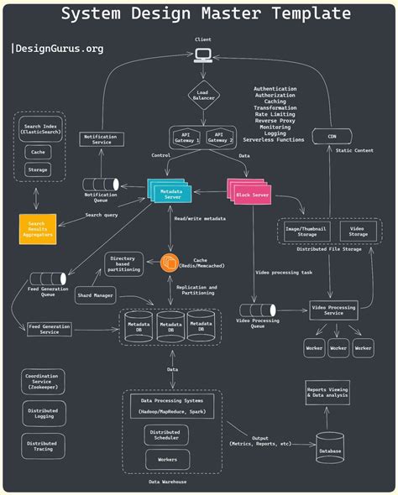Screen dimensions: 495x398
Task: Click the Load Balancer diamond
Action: click(x=202, y=96)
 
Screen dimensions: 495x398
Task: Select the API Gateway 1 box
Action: click(x=186, y=137)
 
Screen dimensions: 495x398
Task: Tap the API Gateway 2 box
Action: click(x=219, y=137)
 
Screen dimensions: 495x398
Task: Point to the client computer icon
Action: click(x=202, y=55)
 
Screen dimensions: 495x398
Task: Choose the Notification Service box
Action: click(x=102, y=138)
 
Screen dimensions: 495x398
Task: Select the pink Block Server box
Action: click(x=250, y=192)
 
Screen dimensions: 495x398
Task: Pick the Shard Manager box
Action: click(x=95, y=295)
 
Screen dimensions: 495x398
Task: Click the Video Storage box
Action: click(x=358, y=232)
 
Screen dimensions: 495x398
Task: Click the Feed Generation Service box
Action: click(x=50, y=329)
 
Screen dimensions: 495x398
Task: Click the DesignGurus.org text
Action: click(x=59, y=49)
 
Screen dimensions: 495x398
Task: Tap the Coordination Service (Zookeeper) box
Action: click(x=41, y=383)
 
